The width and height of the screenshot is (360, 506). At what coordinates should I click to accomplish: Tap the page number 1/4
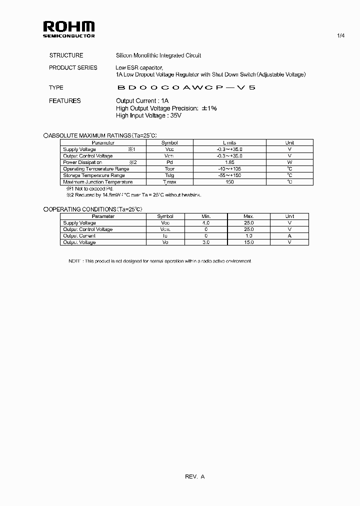click(341, 35)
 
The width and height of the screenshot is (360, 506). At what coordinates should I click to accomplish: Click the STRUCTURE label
click(66, 55)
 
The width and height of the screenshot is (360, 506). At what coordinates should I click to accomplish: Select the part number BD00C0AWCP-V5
click(186, 87)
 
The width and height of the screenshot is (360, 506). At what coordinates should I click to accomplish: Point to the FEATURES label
click(64, 100)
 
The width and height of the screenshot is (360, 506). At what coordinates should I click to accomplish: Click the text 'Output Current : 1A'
click(142, 100)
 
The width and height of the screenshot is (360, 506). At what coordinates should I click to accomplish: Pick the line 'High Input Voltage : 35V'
click(148, 115)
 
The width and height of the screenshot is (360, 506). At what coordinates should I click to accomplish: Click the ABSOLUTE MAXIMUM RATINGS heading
click(100, 135)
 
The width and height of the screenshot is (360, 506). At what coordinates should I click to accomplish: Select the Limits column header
click(229, 142)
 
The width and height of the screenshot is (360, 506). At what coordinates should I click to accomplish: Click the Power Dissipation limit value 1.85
click(229, 162)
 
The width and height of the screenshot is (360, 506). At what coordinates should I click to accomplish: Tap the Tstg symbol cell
click(169, 175)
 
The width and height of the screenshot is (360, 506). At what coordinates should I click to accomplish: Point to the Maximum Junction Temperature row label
click(97, 182)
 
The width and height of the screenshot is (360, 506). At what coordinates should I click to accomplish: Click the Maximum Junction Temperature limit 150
click(229, 182)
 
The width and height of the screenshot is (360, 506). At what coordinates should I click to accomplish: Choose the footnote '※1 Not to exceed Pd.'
click(87, 188)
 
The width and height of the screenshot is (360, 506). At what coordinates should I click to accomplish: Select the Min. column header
click(206, 216)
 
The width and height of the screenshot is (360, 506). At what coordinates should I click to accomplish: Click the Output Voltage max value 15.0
click(248, 242)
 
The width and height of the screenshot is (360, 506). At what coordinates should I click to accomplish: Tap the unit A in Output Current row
click(289, 236)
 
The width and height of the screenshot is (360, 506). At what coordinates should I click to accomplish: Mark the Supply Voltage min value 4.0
click(206, 223)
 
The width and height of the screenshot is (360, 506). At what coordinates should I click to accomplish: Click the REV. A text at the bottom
click(194, 476)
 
